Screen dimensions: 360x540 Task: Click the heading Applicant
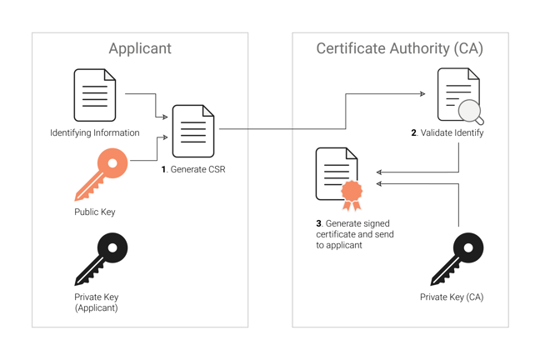point(140,48)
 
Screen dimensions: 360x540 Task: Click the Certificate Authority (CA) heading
point(399,48)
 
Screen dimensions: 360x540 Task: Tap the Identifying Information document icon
point(95,95)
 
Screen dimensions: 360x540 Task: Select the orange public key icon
point(101,173)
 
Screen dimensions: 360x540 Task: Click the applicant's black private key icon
point(101,258)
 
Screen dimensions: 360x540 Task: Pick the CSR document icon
point(192,131)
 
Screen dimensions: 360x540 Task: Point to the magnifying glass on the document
point(472,111)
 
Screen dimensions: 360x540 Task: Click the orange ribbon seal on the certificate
point(352,193)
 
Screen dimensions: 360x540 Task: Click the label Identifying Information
point(94,132)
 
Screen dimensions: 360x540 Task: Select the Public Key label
point(94,212)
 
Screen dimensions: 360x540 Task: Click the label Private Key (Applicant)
point(96,302)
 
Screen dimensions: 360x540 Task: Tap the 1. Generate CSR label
point(193,169)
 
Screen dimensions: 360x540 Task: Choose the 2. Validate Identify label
point(447,132)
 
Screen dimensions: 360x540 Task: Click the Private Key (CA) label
point(451,297)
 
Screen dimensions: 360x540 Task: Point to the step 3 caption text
point(354,234)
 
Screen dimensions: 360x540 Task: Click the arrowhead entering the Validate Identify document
point(422,94)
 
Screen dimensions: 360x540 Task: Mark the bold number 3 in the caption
point(318,223)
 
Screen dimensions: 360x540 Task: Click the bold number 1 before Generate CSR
point(164,169)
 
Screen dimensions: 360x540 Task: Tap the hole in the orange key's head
point(113,161)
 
